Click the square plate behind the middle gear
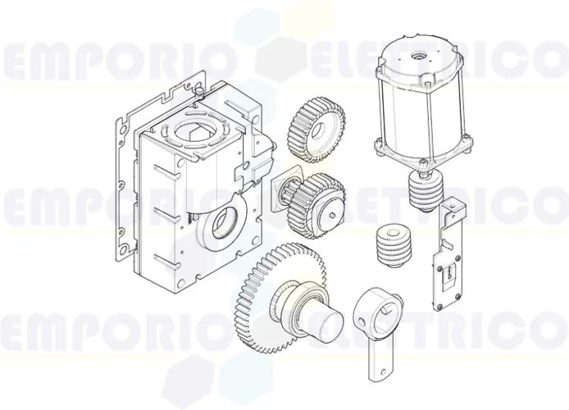[287, 193]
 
